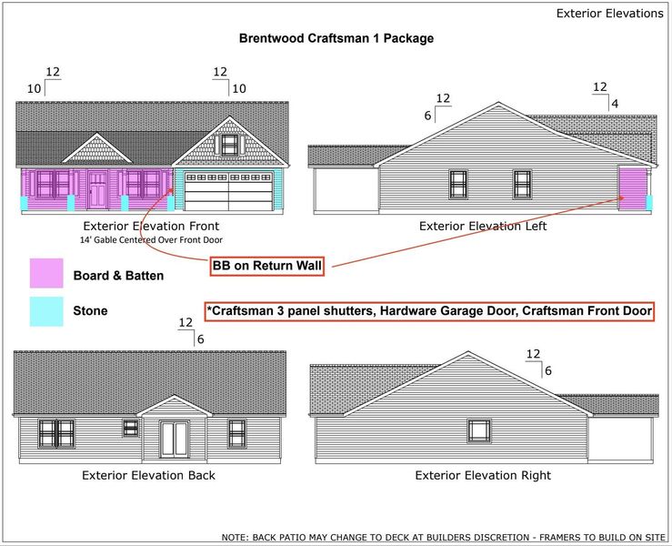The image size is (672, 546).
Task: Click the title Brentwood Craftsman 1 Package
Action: click(336, 38)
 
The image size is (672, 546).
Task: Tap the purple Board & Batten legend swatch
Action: click(46, 273)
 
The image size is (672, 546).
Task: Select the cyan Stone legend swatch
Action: click(46, 311)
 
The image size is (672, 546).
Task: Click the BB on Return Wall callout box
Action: click(267, 266)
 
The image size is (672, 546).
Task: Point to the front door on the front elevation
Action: click(97, 189)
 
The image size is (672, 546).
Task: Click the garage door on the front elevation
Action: click(229, 191)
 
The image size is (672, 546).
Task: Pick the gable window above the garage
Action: click(229, 145)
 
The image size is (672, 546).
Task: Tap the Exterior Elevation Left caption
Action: click(483, 226)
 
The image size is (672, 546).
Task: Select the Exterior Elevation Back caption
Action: click(149, 475)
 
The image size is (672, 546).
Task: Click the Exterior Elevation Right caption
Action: click(483, 475)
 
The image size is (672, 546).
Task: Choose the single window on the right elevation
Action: click(479, 430)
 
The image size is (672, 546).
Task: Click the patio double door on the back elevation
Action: click(174, 440)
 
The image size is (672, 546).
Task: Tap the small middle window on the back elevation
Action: click(131, 428)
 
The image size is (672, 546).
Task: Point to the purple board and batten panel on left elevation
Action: click(633, 188)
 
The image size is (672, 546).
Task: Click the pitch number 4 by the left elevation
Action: click(615, 104)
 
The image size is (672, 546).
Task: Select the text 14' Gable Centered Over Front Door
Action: click(151, 239)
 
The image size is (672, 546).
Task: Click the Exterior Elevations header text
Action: click(610, 14)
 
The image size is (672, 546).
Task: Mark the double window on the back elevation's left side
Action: click(56, 434)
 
